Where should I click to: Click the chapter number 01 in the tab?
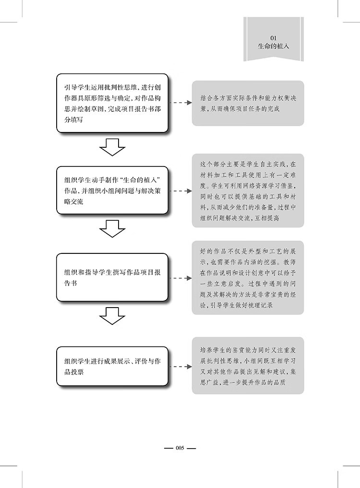pos(273,37)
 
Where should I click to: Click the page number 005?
pos(180,448)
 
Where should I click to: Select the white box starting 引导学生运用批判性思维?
pos(112,103)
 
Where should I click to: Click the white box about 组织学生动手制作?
pos(112,190)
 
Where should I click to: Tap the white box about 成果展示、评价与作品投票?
pos(112,366)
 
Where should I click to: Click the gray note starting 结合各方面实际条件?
pos(248,103)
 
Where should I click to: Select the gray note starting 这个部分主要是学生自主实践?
pos(248,190)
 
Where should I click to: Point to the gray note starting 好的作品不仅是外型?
pos(248,278)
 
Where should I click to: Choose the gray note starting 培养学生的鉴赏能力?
pos(248,365)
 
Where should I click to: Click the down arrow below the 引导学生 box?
pos(112,146)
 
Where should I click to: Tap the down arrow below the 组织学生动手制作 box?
pos(112,228)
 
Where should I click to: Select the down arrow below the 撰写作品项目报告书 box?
pos(112,317)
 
